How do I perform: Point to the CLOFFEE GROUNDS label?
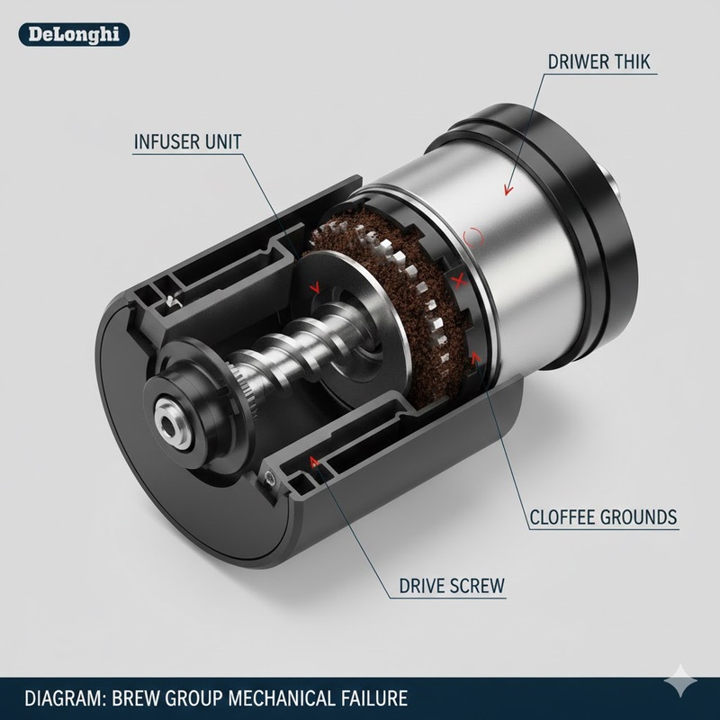602,517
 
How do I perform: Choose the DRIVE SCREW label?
452,586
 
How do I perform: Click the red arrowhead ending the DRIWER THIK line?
506,190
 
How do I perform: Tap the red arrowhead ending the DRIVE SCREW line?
314,462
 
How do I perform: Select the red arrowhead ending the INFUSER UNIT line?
314,289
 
